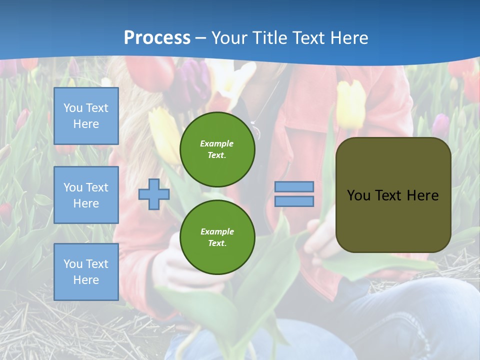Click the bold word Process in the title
157,38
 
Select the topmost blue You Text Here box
86,116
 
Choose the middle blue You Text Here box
86,195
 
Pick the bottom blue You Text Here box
86,272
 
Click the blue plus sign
153,194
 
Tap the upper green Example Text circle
217,149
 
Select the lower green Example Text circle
217,237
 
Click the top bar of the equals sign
294,186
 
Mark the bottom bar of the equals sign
294,201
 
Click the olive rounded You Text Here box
393,195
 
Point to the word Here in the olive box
422,195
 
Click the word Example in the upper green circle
217,143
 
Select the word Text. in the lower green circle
217,243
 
